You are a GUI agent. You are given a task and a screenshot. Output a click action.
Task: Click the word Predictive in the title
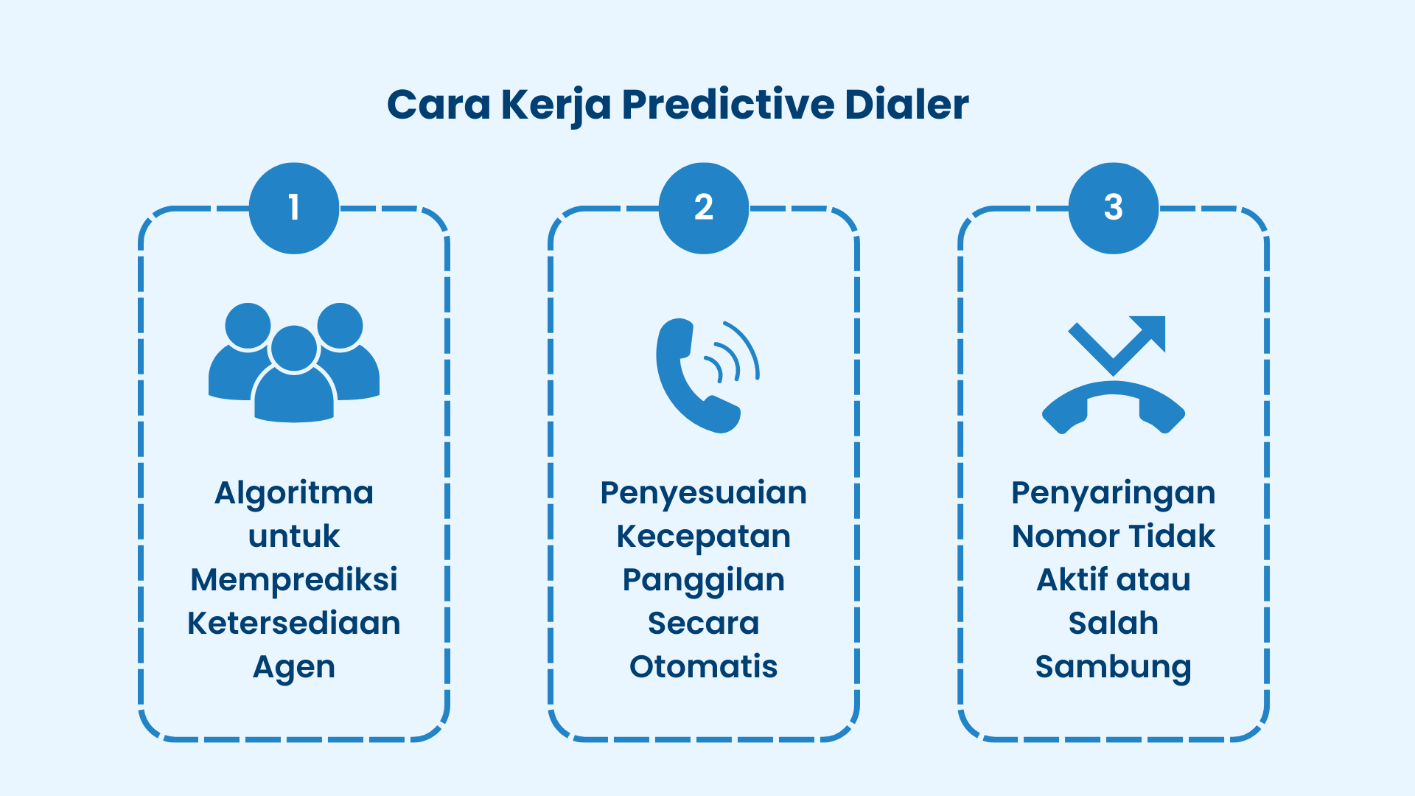[x=728, y=105]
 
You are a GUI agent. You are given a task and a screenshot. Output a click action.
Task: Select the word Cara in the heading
[x=439, y=105]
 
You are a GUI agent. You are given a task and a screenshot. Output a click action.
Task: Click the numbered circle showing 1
[x=294, y=208]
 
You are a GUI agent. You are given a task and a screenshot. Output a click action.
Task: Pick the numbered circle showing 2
[x=704, y=208]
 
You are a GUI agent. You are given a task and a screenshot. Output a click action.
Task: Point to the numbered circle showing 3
[x=1114, y=208]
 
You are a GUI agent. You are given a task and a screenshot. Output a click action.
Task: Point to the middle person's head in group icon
[x=294, y=348]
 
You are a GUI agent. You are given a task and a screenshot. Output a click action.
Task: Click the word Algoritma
[x=294, y=493]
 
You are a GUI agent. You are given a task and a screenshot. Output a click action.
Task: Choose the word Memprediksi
[x=294, y=580]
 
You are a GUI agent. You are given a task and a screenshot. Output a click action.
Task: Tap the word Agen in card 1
[x=294, y=667]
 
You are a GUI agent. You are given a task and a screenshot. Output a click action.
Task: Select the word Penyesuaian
[x=704, y=493]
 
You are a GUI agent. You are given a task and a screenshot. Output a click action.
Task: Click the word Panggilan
[x=704, y=580]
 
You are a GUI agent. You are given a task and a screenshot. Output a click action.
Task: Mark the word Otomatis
[x=704, y=667]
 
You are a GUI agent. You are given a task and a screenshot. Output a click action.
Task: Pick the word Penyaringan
[x=1114, y=493]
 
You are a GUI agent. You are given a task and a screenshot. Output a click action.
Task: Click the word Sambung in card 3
[x=1114, y=667]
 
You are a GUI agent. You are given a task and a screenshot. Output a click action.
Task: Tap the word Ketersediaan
[x=294, y=624]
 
